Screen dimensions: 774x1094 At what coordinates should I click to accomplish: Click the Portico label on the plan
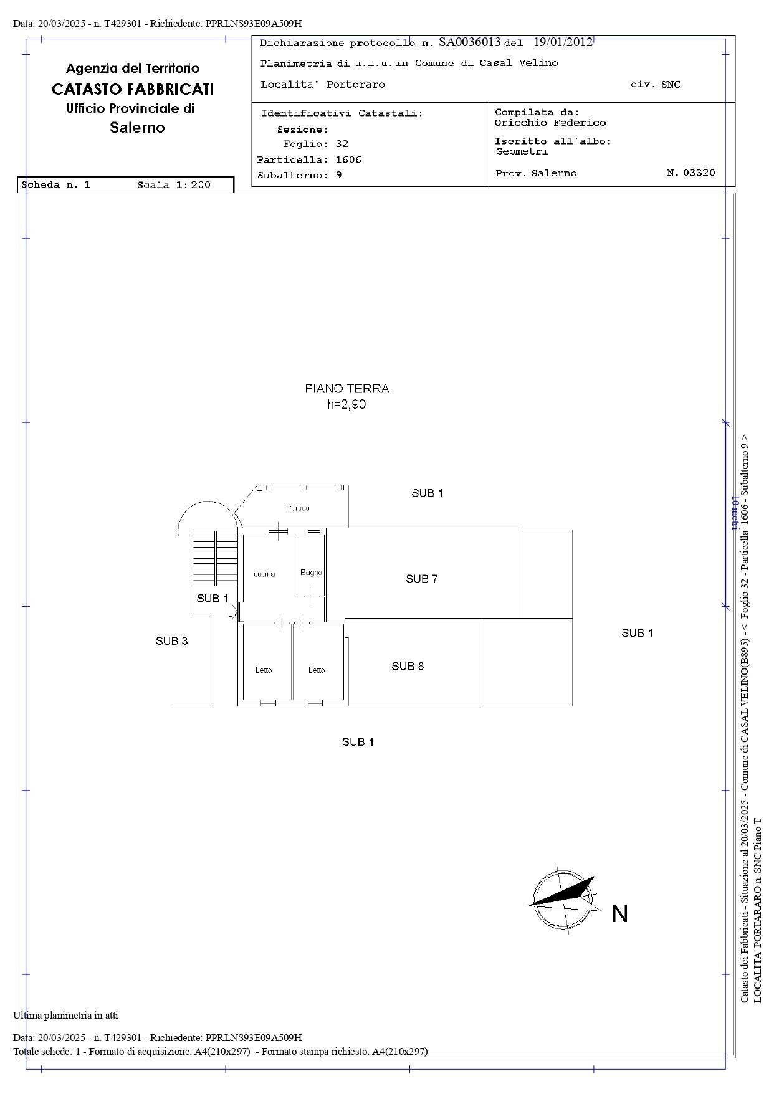[x=297, y=508]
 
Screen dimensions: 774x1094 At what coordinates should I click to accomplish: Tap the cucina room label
[x=264, y=574]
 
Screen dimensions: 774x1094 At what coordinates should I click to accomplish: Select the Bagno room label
[x=311, y=573]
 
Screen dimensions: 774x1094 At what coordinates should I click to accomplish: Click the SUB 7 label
[x=422, y=579]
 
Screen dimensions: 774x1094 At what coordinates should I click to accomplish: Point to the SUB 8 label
[x=408, y=666]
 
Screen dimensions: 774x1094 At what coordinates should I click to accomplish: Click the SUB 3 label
[x=171, y=640]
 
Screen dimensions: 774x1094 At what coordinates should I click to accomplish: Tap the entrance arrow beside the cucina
[x=232, y=612]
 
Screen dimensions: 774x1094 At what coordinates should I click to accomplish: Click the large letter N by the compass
[x=619, y=914]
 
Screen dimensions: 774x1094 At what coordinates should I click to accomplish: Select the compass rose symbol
[x=563, y=897]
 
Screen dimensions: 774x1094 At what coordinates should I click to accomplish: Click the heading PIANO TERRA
[x=347, y=389]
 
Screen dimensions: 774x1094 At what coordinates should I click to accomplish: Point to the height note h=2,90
[x=347, y=404]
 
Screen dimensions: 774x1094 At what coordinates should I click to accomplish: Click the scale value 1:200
[x=191, y=184]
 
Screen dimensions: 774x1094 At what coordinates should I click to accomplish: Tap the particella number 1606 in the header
[x=348, y=159]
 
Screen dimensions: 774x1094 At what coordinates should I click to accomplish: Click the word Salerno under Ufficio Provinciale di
[x=137, y=128]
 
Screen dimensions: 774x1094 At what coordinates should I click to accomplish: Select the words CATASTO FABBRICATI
[x=133, y=89]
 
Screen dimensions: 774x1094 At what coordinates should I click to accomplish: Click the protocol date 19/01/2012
[x=563, y=42]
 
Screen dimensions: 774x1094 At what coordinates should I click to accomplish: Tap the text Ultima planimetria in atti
[x=65, y=1016]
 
